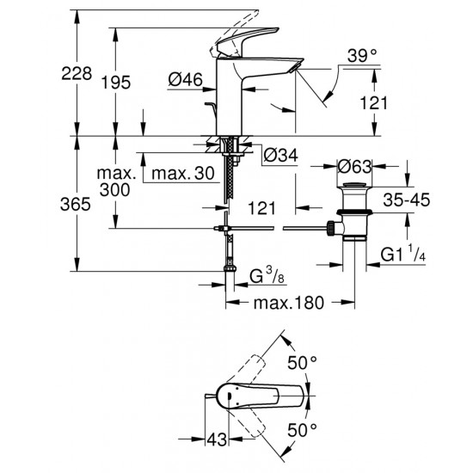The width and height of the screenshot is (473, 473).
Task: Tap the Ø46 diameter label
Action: (185, 80)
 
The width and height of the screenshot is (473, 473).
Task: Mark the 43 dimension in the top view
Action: (219, 440)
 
